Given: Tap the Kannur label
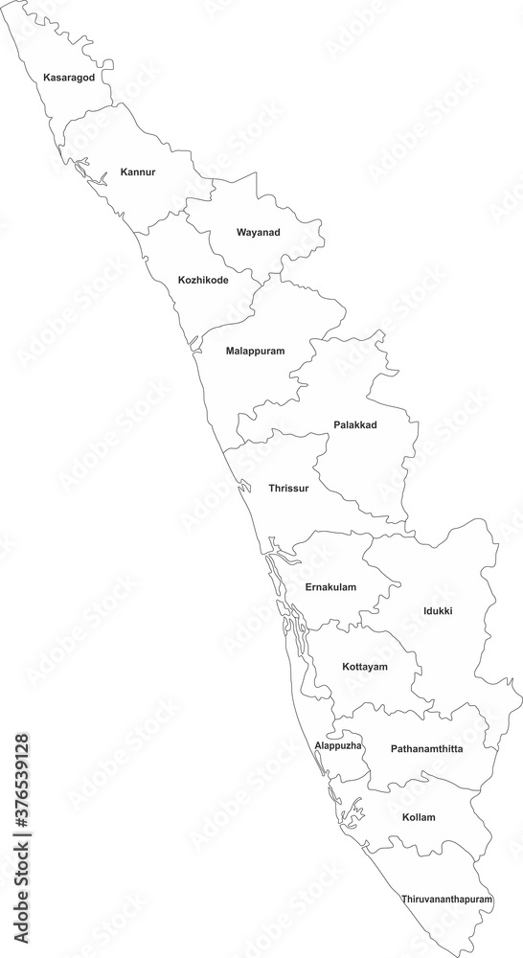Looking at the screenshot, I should pos(138,172).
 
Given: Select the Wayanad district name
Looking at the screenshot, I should pos(259,232).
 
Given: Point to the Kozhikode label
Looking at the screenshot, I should pos(203,281).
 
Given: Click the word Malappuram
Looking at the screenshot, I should pos(256,351).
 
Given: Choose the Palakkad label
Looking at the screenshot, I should pos(355,424).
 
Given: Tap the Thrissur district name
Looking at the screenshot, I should pos(289,489).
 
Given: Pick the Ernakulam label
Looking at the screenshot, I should pos(330,586).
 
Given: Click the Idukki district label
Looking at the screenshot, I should pos(438,610).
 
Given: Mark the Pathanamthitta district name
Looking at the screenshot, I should pos(426,748).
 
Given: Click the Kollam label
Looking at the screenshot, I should pos(419,817).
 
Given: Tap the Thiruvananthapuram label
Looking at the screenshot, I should pos(447,901).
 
